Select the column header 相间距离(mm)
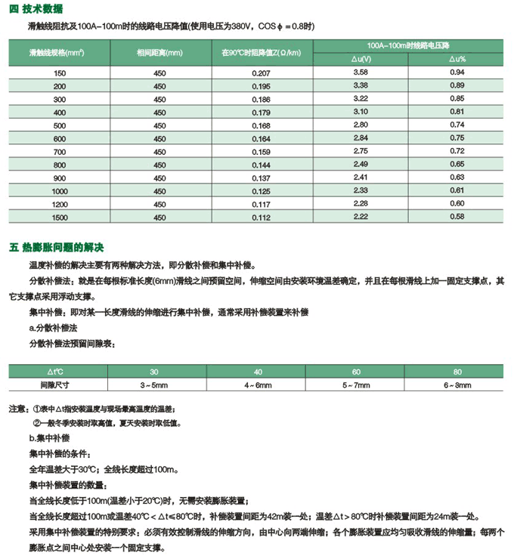click(159, 53)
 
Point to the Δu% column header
click(457, 58)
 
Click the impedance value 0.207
click(260, 73)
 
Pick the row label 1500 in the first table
click(60, 218)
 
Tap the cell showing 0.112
click(260, 218)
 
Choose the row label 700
click(60, 152)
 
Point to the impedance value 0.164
click(260, 139)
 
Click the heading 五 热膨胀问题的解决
click(56, 247)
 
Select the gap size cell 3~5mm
click(154, 385)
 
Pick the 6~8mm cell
click(457, 385)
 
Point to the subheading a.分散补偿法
click(57, 329)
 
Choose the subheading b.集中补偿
click(53, 437)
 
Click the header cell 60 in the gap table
click(356, 372)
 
